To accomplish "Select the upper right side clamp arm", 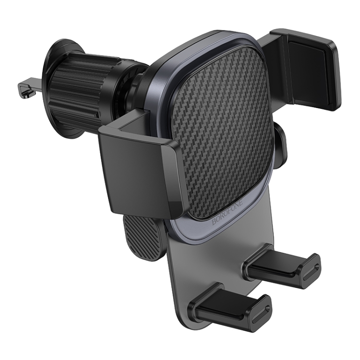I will pyautogui.click(x=307, y=67).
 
